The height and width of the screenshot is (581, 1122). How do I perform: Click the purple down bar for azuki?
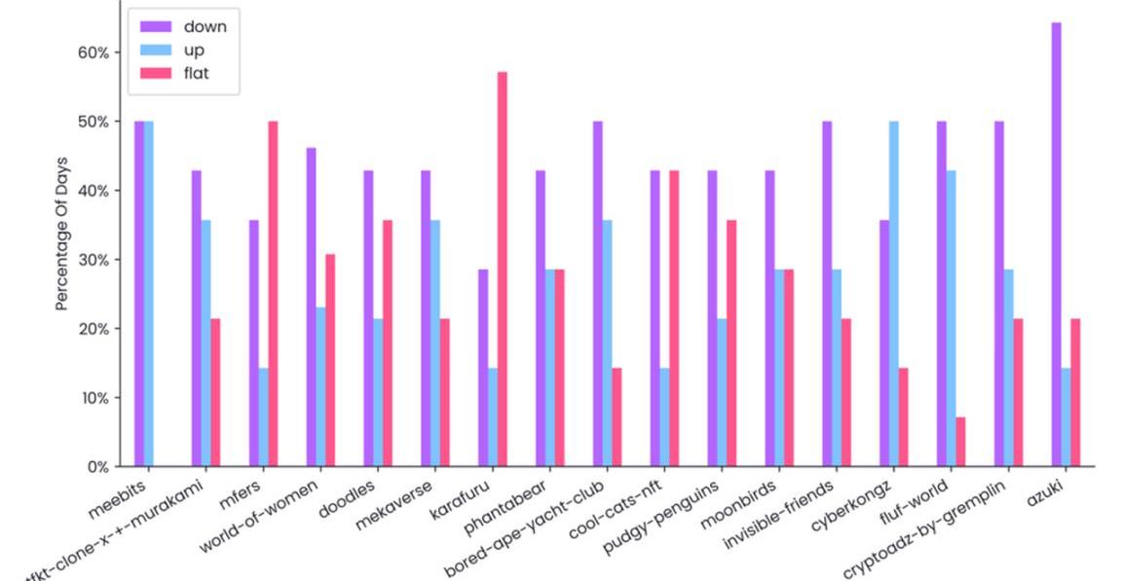[1056, 244]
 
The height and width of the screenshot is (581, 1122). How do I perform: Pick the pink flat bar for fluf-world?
[960, 442]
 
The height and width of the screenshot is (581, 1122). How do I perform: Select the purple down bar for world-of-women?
[311, 308]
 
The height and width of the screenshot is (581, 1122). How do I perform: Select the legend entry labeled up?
[194, 50]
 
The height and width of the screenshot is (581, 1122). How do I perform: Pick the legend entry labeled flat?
[196, 73]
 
